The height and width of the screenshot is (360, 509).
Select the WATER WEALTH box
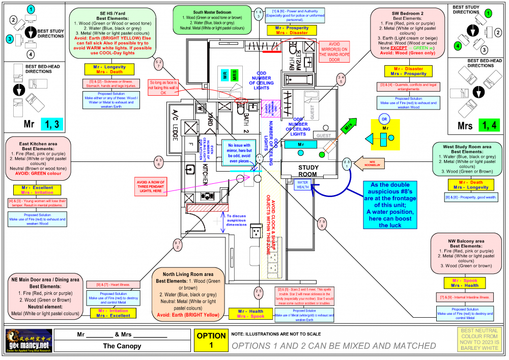click(303, 184)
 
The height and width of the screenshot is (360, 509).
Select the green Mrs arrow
click(348, 126)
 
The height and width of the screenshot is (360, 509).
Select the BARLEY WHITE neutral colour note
click(478, 340)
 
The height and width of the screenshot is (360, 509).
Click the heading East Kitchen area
click(39, 144)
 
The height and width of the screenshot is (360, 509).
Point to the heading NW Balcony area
click(465, 241)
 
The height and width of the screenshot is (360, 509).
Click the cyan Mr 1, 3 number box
click(53, 123)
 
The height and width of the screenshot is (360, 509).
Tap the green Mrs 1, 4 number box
click(487, 124)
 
